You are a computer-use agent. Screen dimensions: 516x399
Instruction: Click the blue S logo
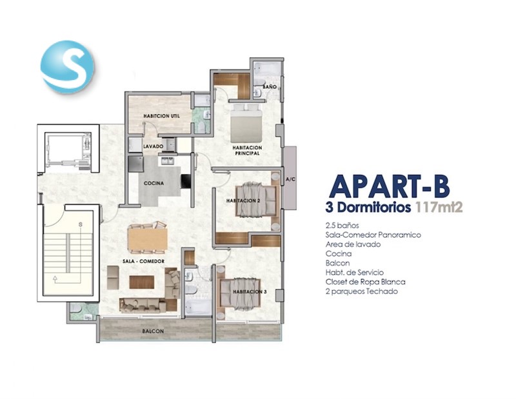tap(67, 67)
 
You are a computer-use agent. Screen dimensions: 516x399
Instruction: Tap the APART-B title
tap(390, 186)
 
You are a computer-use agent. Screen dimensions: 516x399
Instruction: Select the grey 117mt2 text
tap(439, 208)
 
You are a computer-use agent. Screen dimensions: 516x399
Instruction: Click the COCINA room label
tap(154, 183)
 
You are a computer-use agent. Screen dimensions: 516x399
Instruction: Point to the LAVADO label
tap(153, 146)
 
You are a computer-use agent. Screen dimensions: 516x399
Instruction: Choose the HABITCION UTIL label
tap(162, 116)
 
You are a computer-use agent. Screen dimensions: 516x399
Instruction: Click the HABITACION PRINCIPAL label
tap(247, 151)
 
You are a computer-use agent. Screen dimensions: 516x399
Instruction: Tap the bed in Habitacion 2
tap(257, 201)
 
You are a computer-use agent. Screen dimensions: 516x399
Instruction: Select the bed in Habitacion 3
tap(240, 293)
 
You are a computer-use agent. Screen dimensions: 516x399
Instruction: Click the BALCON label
tap(153, 331)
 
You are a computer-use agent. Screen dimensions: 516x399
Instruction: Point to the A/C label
tap(290, 180)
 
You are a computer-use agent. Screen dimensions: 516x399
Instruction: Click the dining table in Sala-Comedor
tap(148, 238)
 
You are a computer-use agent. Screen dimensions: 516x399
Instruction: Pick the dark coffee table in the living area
tap(142, 282)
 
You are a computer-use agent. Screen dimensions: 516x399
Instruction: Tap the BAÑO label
tap(270, 87)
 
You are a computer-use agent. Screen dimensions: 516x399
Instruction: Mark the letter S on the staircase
tap(80, 225)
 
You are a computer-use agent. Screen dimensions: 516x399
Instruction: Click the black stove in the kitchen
tap(186, 181)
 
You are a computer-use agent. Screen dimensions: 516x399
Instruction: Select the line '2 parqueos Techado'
tap(361, 291)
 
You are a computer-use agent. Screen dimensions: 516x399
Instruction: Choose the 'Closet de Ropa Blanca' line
tap(365, 282)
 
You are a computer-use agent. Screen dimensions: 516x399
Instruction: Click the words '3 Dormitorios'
tap(368, 208)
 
